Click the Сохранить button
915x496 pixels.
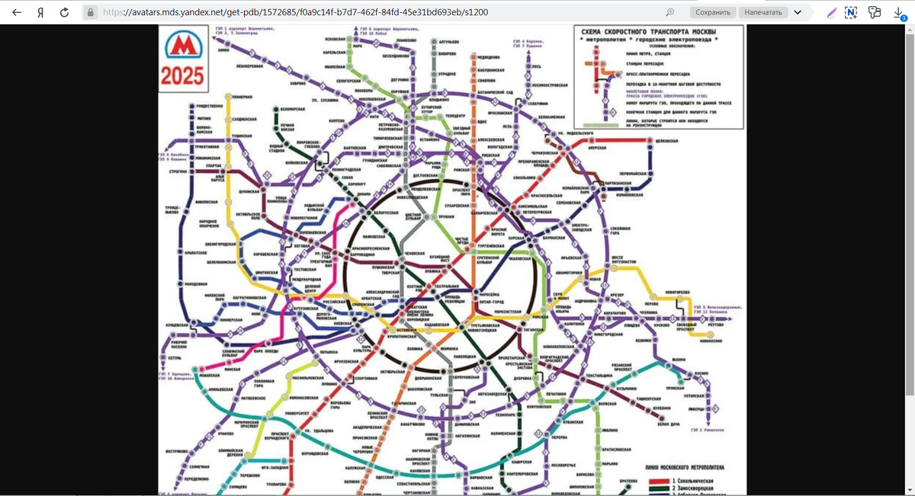point(714,12)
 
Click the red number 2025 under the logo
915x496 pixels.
point(182,76)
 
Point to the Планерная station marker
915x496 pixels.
point(226,97)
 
